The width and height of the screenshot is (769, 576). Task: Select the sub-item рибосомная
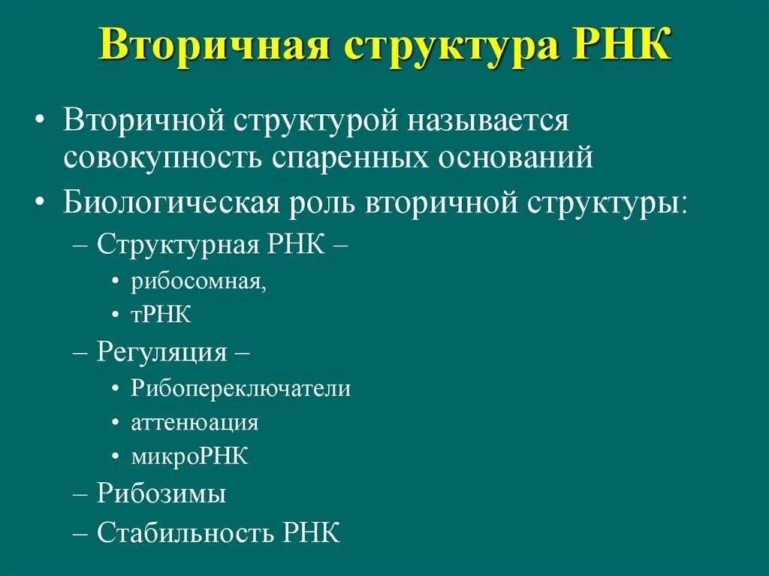pos(199,282)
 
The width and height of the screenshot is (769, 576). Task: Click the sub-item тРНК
pos(161,315)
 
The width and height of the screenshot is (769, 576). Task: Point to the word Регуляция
pos(161,353)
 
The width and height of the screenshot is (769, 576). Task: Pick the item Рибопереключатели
pos(240,389)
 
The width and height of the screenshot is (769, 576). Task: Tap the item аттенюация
pos(195,423)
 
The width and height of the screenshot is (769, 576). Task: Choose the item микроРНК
pos(189,456)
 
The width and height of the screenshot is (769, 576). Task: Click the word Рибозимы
pos(161,494)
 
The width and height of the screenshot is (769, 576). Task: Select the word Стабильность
pos(188,532)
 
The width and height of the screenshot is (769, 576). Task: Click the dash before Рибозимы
pos(81,495)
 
